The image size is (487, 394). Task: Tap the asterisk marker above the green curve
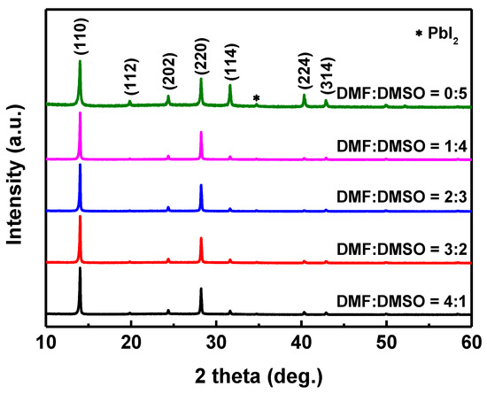(257, 98)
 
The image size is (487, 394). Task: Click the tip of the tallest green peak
(81, 60)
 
